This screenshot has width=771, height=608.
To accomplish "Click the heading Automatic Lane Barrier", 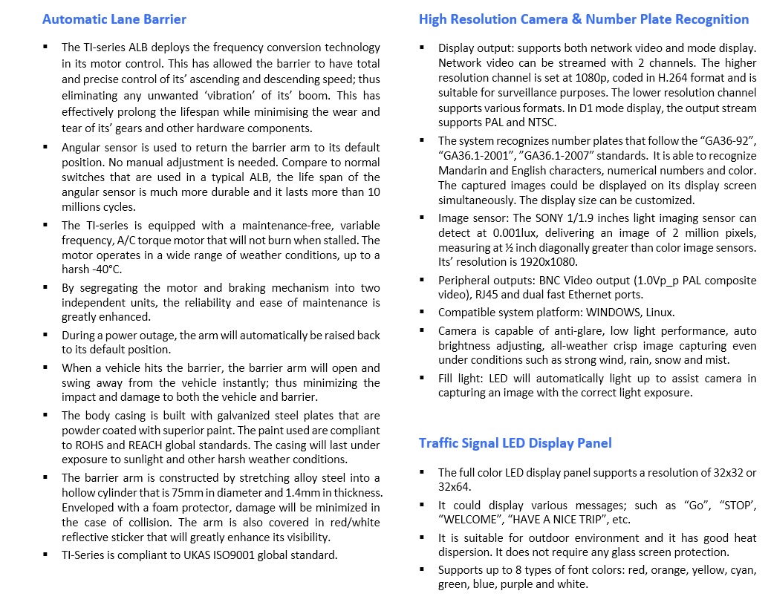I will (x=114, y=19).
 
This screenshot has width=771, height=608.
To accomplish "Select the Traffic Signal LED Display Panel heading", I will (x=515, y=443).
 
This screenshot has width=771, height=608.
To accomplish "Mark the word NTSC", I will (x=540, y=122).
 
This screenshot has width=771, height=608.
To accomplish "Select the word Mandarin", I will (x=461, y=170).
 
